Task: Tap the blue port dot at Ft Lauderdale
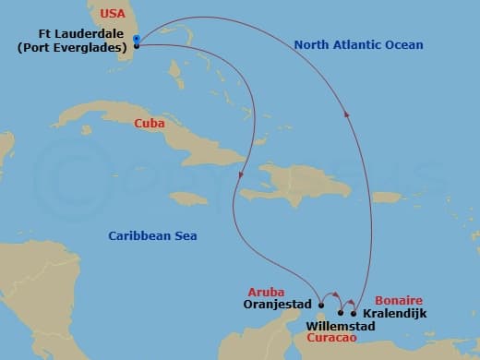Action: click(136, 39)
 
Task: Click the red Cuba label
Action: click(150, 123)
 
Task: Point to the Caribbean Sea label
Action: click(152, 236)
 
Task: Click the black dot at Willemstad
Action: click(341, 313)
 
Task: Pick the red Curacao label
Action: click(330, 339)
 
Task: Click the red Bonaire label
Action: click(399, 301)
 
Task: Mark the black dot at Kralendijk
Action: click(354, 313)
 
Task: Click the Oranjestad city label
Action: click(279, 303)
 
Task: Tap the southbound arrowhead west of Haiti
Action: click(241, 174)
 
